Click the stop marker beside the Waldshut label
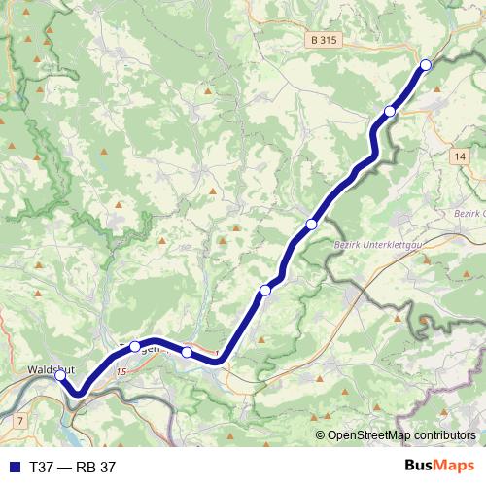(60, 375)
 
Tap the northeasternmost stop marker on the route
(425, 65)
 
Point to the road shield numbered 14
(460, 156)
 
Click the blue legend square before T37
(14, 467)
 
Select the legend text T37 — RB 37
(73, 467)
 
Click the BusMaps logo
(440, 466)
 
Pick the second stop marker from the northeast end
(390, 111)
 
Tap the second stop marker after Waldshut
(187, 352)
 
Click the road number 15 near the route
(121, 371)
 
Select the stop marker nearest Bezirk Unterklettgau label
(311, 225)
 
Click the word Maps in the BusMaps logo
(455, 466)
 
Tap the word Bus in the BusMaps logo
(420, 466)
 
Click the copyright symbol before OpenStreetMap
(321, 436)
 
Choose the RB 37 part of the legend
(96, 467)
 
